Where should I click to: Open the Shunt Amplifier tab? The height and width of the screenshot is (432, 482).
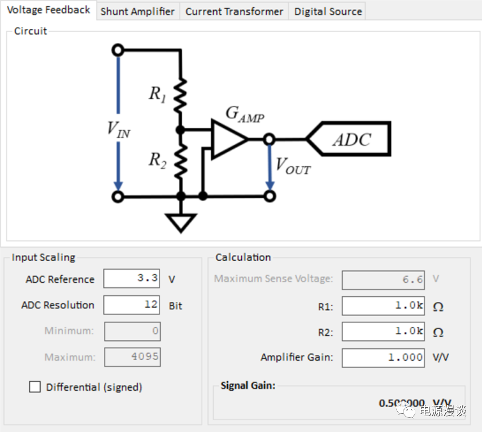pos(137,11)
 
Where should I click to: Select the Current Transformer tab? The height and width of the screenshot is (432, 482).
pos(234,11)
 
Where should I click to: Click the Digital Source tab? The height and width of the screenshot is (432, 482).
pos(328,11)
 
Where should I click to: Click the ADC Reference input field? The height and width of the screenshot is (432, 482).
pos(132,279)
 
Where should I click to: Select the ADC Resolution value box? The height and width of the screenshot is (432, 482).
pos(132,305)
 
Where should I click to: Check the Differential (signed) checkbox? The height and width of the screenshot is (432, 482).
pos(35,387)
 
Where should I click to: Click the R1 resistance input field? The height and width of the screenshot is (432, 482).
pos(383,306)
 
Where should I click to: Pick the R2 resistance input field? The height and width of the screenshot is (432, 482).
pos(383,332)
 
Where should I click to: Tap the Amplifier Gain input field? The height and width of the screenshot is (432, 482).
pos(383,357)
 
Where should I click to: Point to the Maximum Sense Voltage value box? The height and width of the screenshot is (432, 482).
pos(383,279)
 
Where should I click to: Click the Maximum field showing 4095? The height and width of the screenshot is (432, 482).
pos(132,357)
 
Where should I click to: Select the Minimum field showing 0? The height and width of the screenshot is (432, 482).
pos(132,331)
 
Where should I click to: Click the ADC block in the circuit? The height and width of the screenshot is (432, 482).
pos(350,139)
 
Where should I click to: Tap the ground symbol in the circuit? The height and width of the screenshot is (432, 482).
pos(181,222)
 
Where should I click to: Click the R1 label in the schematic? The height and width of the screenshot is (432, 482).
pos(157,94)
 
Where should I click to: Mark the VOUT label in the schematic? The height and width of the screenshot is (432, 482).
pos(293,166)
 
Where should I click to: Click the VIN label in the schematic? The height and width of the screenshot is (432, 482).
pos(118,130)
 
